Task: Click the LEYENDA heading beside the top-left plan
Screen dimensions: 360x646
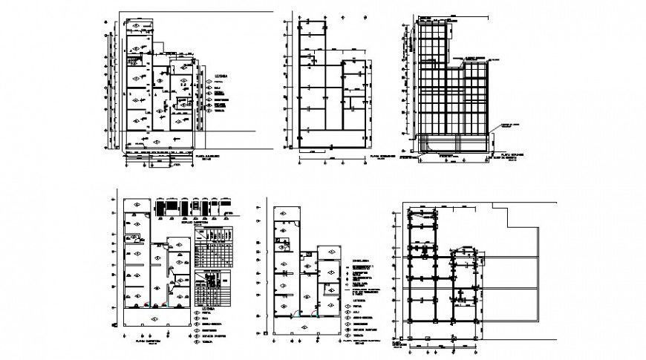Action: point(222,75)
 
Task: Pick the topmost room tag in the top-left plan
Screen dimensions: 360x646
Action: point(138,27)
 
